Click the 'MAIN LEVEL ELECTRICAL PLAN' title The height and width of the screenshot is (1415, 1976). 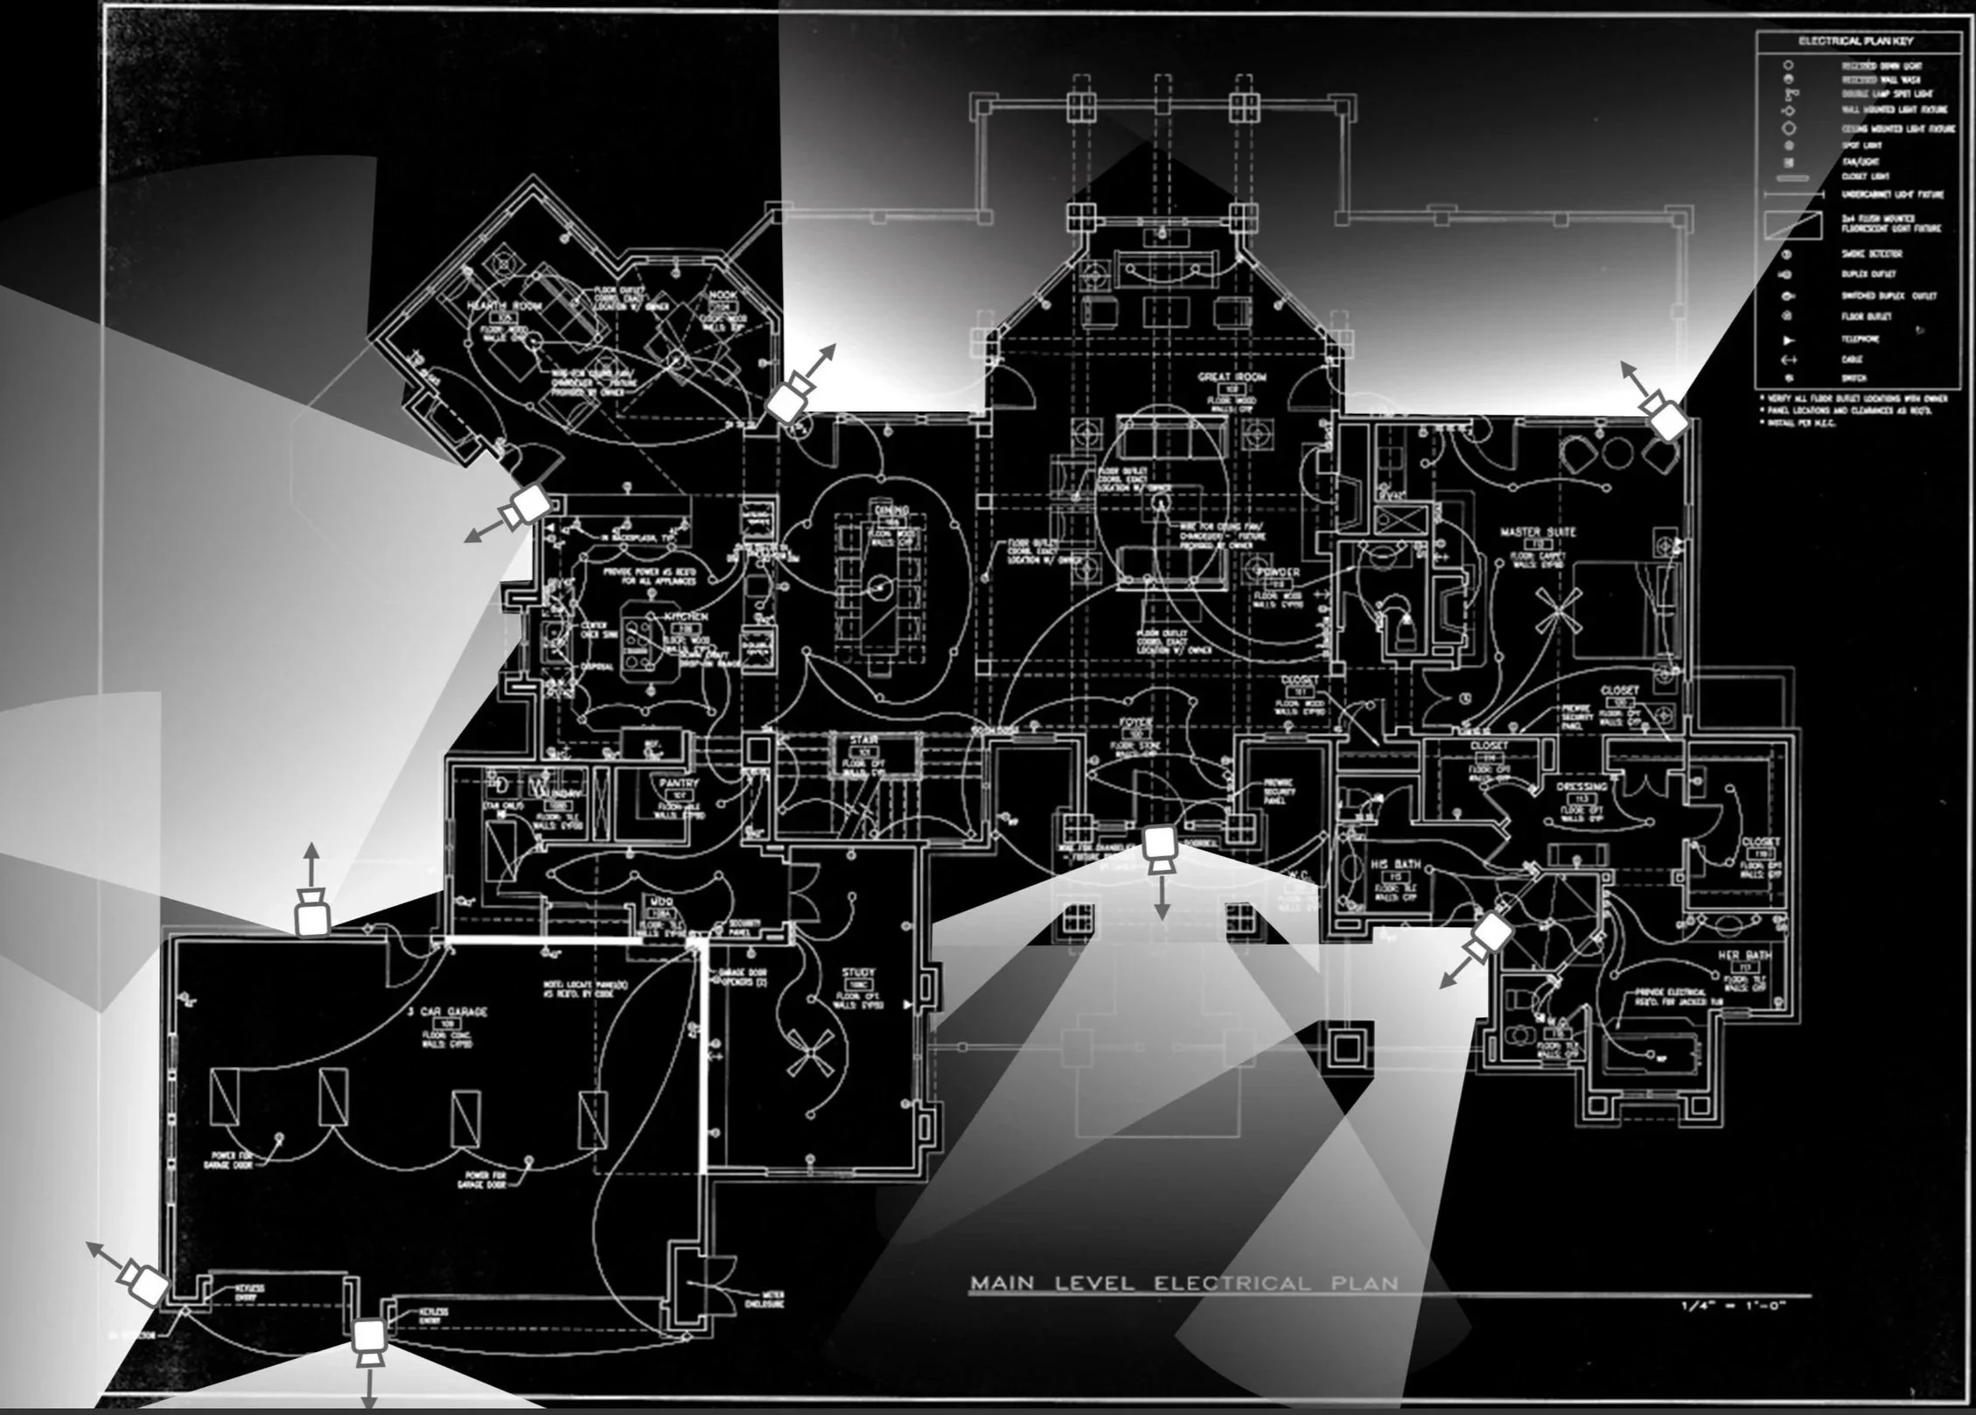click(x=1184, y=1284)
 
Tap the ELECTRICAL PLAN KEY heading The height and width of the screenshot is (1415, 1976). click(x=1854, y=41)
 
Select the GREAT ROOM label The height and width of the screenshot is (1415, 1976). click(x=1232, y=377)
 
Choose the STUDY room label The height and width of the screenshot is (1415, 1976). click(x=857, y=972)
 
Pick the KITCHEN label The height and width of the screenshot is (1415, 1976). click(x=684, y=617)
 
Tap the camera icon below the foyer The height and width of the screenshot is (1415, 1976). click(x=1160, y=848)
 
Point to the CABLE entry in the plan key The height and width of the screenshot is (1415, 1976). click(x=1852, y=359)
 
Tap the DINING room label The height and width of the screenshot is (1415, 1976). click(x=890, y=510)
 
